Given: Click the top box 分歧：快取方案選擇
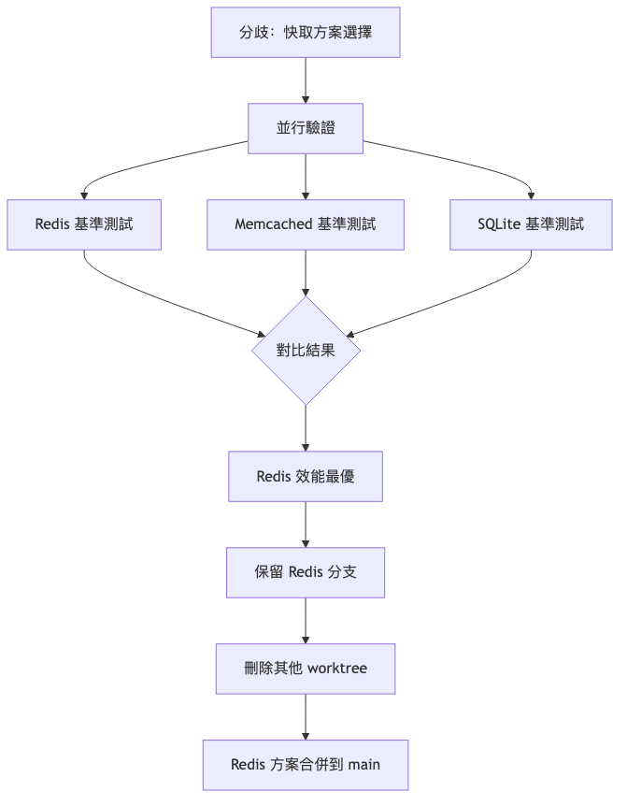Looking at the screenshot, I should (306, 33).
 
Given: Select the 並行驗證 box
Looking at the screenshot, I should (306, 128).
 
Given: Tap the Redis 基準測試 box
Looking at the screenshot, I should (84, 224).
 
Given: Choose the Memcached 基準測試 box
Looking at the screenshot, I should (306, 224).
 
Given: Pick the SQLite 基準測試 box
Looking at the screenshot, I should (531, 224).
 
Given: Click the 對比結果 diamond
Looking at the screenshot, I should (306, 351).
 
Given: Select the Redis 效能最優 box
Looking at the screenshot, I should (306, 477).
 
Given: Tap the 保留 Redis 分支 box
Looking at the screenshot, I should (306, 572).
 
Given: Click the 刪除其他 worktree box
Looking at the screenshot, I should (306, 669).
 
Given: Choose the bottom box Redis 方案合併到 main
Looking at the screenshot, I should (306, 764).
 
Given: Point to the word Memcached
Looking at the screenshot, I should (273, 224).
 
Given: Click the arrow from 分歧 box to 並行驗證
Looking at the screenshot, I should (306, 80).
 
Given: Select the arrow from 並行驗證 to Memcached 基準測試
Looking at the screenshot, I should (306, 176).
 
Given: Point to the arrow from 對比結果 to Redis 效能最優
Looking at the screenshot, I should (306, 428).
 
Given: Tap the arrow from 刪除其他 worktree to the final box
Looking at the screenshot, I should (306, 716).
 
